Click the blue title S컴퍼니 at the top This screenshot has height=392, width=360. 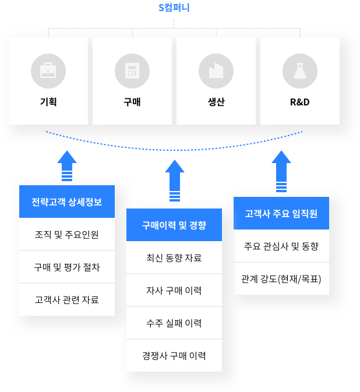[x=174, y=8]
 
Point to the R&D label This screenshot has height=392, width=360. [x=299, y=103]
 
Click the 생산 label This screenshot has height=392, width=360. [x=216, y=103]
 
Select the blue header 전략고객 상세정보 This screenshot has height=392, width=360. [x=67, y=202]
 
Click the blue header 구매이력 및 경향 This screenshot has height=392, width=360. [x=174, y=225]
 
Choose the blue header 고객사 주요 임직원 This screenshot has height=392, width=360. [x=281, y=214]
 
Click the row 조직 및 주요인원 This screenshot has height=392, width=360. [x=67, y=235]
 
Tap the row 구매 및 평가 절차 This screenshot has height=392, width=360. [x=67, y=267]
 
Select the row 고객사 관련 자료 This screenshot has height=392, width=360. [x=67, y=300]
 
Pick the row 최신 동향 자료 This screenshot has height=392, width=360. [x=174, y=257]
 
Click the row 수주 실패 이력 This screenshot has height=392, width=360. [x=174, y=323]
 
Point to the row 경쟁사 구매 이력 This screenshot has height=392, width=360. [x=174, y=355]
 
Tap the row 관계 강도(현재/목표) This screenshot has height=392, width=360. [x=281, y=278]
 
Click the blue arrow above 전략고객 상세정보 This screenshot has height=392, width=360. [x=68, y=167]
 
